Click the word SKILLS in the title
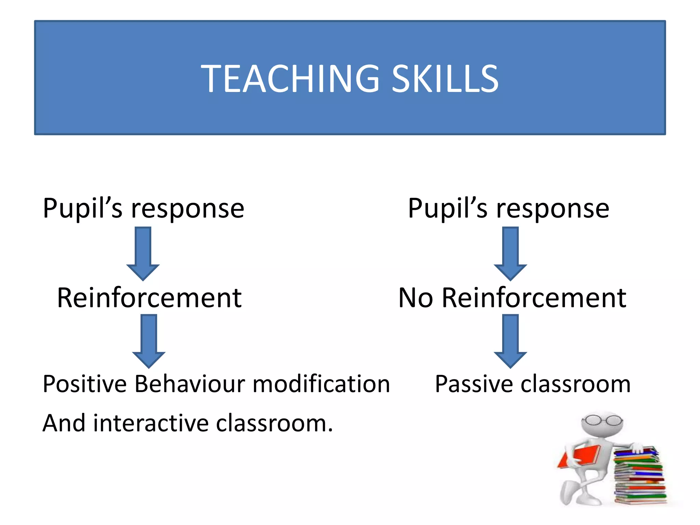tap(445, 79)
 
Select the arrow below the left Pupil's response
tap(143, 253)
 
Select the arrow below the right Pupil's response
tap(510, 253)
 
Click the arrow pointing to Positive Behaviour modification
tap(149, 340)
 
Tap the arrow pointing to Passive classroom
tap(510, 340)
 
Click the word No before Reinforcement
tap(416, 298)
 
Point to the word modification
tap(321, 384)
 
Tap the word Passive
tap(473, 384)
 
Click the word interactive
tap(150, 423)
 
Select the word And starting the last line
tap(64, 423)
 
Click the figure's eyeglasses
tap(602, 420)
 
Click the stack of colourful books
tap(639, 477)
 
